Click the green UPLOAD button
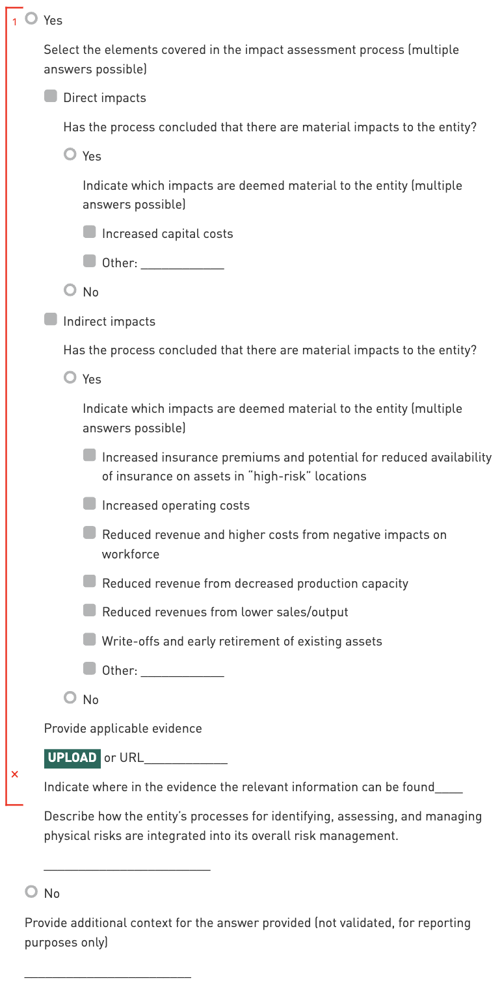click(72, 758)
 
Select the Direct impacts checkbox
click(51, 97)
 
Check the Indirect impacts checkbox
click(51, 321)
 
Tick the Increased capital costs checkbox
click(90, 233)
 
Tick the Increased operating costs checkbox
click(90, 505)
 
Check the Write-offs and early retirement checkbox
click(90, 640)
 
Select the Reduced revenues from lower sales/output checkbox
click(90, 611)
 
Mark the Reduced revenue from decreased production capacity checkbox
click(90, 582)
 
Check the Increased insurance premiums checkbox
click(90, 456)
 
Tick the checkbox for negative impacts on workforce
click(90, 534)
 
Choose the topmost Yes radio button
click(31, 20)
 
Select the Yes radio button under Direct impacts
click(70, 155)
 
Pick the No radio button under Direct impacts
click(70, 291)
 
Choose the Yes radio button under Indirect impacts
click(70, 378)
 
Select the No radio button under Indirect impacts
click(70, 698)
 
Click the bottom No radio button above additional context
click(31, 892)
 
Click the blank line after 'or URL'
click(186, 759)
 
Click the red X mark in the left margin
click(15, 774)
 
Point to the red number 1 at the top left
click(15, 22)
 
